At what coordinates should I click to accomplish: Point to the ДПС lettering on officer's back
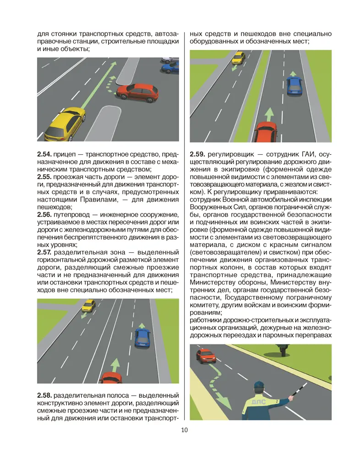[258, 402]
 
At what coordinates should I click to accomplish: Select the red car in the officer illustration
[206, 354]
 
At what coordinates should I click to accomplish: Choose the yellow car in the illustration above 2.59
[238, 58]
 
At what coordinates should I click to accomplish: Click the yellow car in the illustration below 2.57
[88, 305]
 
